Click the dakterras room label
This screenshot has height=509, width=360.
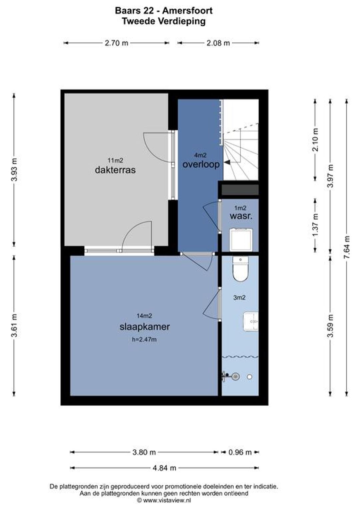click(115, 170)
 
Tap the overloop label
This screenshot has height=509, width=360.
click(201, 164)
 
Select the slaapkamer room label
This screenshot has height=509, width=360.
click(145, 327)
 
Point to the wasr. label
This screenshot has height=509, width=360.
click(241, 216)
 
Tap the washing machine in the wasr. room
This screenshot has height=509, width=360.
click(241, 240)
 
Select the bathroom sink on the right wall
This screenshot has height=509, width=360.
click(251, 321)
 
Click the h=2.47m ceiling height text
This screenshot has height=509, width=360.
click(144, 340)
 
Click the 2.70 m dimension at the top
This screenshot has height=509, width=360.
click(116, 43)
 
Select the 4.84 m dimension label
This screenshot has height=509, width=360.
click(164, 468)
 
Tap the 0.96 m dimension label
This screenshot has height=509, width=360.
click(240, 452)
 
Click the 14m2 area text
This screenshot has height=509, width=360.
click(144, 315)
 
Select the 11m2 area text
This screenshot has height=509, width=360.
click(115, 160)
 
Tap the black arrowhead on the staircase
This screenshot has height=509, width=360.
click(227, 162)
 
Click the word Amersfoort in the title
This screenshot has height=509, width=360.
click(187, 11)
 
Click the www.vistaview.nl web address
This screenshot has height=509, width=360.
click(167, 500)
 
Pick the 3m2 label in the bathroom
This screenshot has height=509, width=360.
click(239, 297)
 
